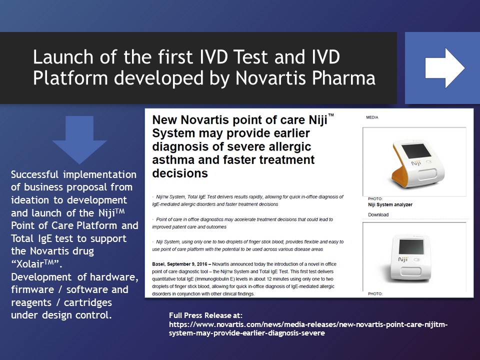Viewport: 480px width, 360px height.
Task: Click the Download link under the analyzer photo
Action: tap(378, 214)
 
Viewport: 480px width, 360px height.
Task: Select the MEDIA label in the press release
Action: tap(373, 117)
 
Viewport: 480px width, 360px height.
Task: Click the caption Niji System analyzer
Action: tap(390, 204)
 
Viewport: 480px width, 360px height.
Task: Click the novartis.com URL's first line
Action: tap(308, 325)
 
